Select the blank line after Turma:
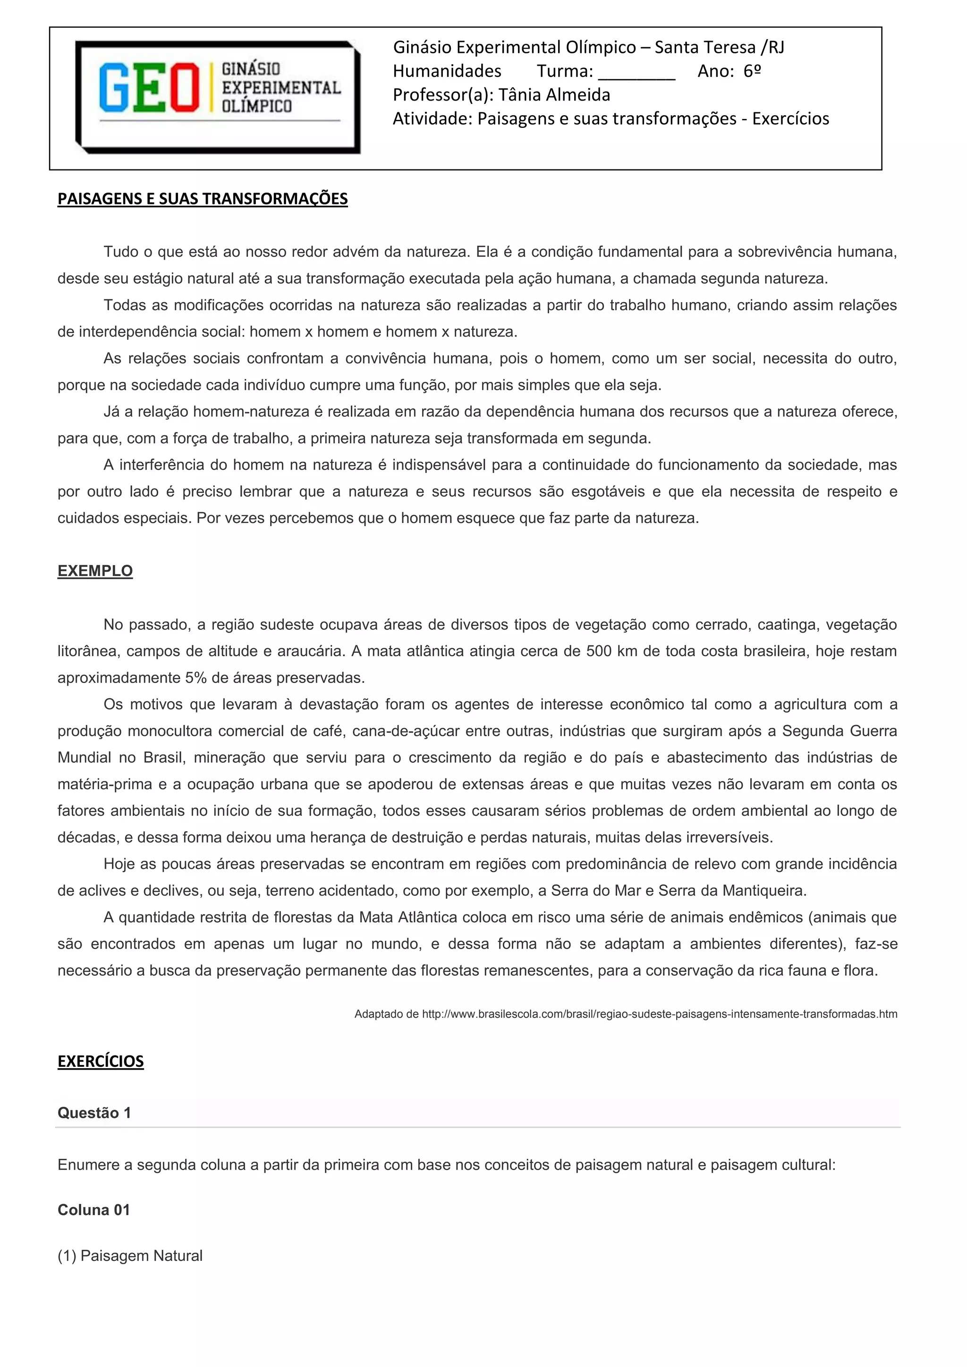(636, 72)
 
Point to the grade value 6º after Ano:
(752, 71)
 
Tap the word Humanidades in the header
(447, 71)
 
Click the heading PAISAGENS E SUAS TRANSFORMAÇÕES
(203, 199)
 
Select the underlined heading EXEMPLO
(95, 571)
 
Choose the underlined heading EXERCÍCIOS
(101, 1062)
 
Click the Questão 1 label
(94, 1113)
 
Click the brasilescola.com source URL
(659, 1014)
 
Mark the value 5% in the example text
(195, 678)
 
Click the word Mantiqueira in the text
(764, 891)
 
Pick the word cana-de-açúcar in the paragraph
(407, 731)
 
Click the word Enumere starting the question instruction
(88, 1165)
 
